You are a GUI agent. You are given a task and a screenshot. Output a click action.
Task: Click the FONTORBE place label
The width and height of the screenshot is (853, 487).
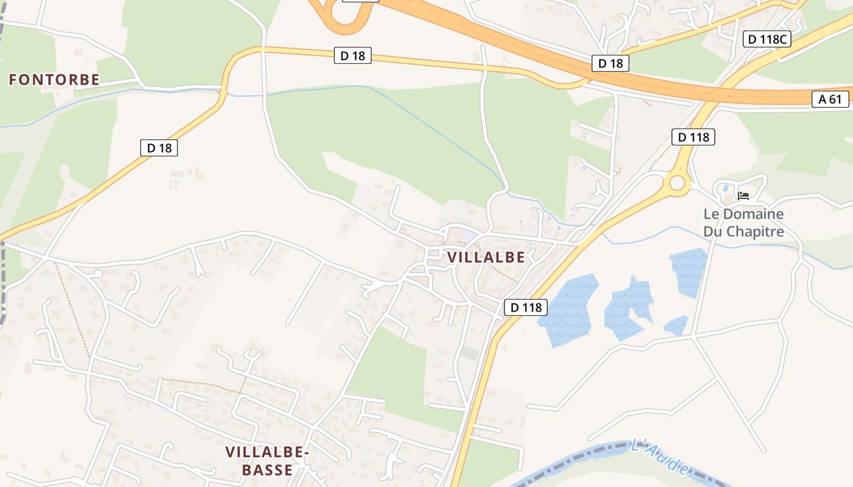coord(54,79)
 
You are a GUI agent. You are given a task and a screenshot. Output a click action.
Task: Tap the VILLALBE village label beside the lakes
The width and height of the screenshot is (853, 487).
coord(486,257)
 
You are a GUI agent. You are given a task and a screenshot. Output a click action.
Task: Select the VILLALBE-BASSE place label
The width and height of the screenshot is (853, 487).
coord(267,461)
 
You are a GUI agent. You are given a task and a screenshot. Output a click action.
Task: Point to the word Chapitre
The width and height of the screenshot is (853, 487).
coord(743,231)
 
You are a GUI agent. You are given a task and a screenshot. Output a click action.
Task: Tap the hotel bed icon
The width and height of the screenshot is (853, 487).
coord(743,195)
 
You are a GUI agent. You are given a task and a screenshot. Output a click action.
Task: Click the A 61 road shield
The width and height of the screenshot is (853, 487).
coord(830,99)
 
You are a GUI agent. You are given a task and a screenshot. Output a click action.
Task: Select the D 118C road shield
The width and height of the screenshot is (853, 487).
coord(767,40)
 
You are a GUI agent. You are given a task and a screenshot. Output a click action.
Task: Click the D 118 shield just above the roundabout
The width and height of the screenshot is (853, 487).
coord(693,137)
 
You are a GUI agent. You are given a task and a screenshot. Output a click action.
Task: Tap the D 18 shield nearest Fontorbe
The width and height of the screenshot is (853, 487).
coord(159,147)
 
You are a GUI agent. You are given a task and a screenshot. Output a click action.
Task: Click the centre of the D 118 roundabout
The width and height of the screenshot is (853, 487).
coord(677,183)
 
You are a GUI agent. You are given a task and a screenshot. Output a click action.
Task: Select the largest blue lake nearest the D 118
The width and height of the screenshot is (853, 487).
coord(569,309)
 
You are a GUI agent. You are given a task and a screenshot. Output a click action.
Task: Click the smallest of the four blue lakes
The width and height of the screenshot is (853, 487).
coord(676,326)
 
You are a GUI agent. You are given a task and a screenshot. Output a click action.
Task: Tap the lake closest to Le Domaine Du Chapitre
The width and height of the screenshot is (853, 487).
coord(688,271)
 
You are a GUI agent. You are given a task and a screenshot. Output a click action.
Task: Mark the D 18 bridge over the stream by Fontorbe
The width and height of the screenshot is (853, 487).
coord(224,93)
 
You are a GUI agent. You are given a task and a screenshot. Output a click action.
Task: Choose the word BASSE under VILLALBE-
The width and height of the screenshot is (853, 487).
coord(267,470)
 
